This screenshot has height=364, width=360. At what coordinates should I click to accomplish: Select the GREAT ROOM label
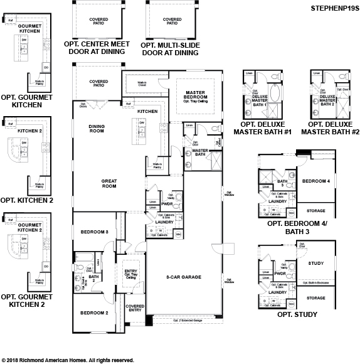[110, 183]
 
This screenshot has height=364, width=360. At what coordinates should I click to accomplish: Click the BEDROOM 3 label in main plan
[95, 232]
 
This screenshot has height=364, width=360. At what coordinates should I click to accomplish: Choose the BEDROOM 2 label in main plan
[94, 313]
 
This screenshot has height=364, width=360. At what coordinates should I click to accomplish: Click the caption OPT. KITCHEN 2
[27, 200]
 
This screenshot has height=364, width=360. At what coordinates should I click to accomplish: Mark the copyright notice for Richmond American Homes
[68, 360]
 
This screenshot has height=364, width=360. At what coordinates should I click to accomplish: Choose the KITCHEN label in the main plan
[147, 111]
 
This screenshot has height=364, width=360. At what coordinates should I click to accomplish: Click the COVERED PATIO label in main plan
[98, 83]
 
